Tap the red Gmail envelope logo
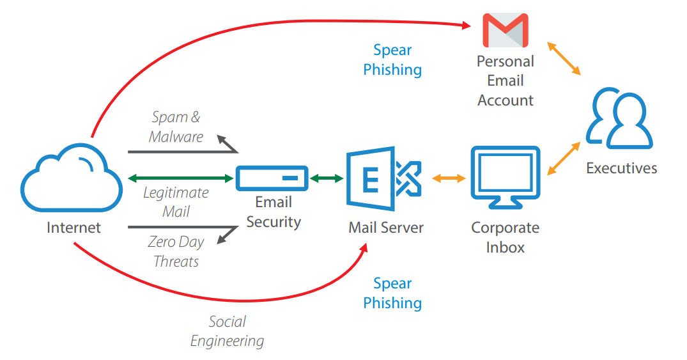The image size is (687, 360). coord(505,30)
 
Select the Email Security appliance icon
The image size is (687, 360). coord(272,178)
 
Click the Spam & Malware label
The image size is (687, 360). coord(176,127)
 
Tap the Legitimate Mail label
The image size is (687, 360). coord(176,201)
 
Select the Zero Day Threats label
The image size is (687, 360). coord(176,251)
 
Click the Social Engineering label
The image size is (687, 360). coord(227,331)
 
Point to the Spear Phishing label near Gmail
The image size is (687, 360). coord(392,59)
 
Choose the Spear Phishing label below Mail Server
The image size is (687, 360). coord(392,293)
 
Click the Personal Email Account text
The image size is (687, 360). coord(505,81)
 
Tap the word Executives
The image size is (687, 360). coord(621,168)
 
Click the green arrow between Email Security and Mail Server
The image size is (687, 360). coord(327,178)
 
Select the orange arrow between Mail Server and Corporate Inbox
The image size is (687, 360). coord(449,178)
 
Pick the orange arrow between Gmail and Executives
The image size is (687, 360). coord(563,59)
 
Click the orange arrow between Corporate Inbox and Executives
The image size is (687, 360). coord(564,159)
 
